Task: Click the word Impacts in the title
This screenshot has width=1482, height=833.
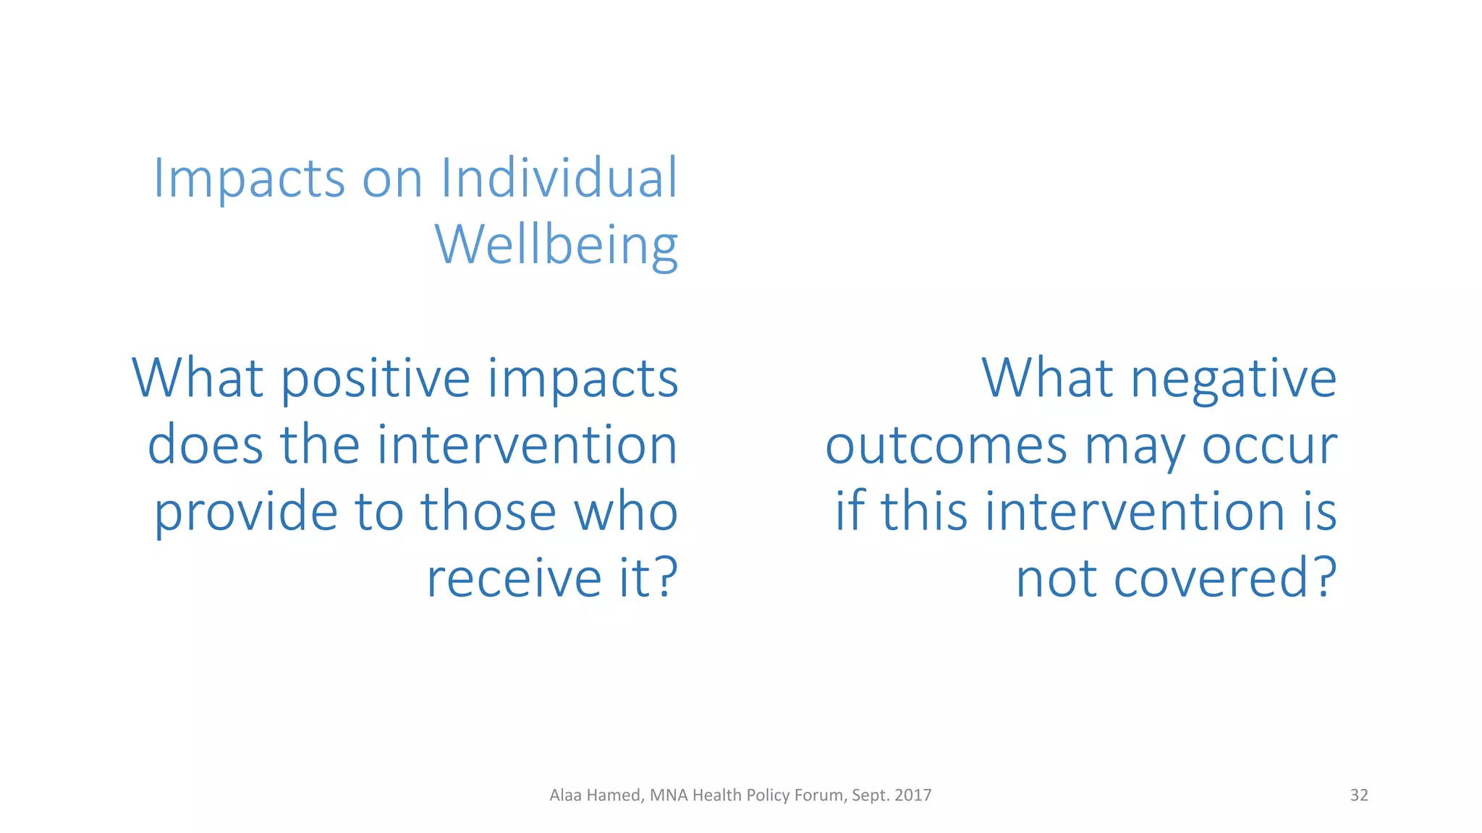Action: pyautogui.click(x=249, y=179)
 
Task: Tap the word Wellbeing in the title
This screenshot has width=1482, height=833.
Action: pyautogui.click(x=556, y=246)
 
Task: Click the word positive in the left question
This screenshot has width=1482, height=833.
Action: pyautogui.click(x=376, y=379)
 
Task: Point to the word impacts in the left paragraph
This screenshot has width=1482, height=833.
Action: pyautogui.click(x=583, y=379)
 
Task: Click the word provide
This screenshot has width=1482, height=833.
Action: pyautogui.click(x=246, y=512)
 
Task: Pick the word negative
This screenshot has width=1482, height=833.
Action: pyautogui.click(x=1233, y=379)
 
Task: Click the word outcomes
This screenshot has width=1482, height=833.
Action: pyautogui.click(x=946, y=446)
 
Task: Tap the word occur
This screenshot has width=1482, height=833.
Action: pyautogui.click(x=1269, y=446)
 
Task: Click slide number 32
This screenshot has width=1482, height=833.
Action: pyautogui.click(x=1359, y=795)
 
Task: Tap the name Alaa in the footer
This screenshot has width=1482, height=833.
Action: pyautogui.click(x=566, y=795)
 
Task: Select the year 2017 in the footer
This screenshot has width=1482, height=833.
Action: pyautogui.click(x=913, y=795)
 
